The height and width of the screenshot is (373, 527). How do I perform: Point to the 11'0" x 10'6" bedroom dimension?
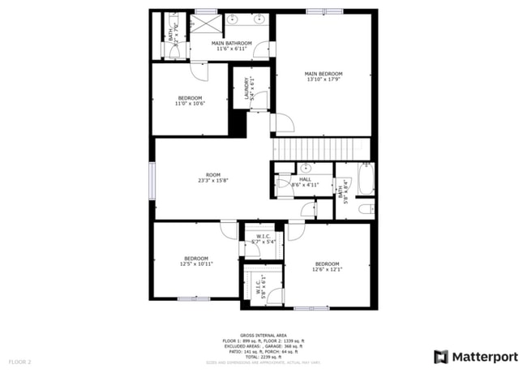190,104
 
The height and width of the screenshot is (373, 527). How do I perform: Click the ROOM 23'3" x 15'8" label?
213,178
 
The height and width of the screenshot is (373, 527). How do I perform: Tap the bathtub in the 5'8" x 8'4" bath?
366,179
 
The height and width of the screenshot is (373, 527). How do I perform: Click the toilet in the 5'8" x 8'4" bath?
365,209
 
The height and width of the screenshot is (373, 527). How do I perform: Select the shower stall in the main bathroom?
201,22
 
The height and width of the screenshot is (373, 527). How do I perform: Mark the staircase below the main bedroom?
321,149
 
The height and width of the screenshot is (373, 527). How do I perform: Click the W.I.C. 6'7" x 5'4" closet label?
263,240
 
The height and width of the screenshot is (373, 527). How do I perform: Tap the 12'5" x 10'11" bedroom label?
195,262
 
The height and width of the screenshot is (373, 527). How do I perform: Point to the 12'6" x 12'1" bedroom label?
327,267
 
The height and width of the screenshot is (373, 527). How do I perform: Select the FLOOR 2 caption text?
19,361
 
